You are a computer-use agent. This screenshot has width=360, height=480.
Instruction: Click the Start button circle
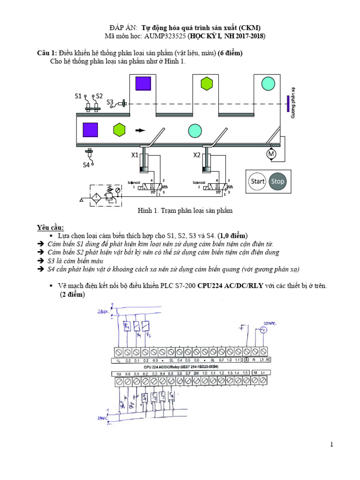click(257, 181)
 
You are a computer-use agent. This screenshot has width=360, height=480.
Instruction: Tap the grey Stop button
click(278, 181)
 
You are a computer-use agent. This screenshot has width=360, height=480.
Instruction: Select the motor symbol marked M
click(272, 153)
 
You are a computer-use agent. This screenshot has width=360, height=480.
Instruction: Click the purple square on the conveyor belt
click(90, 130)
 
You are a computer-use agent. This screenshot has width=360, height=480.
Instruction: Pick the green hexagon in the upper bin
click(207, 84)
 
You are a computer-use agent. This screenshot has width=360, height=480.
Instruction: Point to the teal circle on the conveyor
click(195, 130)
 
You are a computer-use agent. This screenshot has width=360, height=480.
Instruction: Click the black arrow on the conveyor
click(140, 130)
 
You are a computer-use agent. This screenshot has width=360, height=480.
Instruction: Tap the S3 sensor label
click(110, 102)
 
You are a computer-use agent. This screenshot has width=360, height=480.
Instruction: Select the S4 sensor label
click(86, 165)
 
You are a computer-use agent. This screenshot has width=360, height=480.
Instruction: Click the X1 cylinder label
click(135, 155)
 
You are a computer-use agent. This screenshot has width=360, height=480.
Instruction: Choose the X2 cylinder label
click(197, 155)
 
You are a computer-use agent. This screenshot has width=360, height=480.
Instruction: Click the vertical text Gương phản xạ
click(293, 103)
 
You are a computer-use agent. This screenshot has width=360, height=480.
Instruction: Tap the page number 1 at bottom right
click(331, 445)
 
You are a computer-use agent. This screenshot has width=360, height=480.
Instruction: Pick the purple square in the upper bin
click(143, 83)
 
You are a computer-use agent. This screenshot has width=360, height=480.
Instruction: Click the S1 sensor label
click(78, 96)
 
